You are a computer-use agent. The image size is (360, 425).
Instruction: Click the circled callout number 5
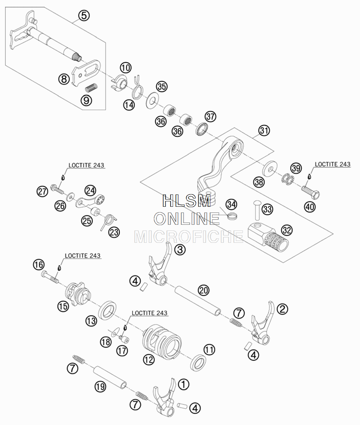pyautogui.click(x=84, y=15)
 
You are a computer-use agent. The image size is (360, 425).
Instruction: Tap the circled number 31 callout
pyautogui.click(x=264, y=131)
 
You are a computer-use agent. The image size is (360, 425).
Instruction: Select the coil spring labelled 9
pyautogui.click(x=91, y=88)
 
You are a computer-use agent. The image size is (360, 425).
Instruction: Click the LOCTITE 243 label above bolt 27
pyautogui.click(x=86, y=165)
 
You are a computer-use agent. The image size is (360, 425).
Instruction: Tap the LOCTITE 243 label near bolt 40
pyautogui.click(x=332, y=164)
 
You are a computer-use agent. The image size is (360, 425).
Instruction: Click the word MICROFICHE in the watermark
pyautogui.click(x=189, y=236)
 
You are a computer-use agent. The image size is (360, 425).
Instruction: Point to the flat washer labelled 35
pyautogui.click(x=152, y=100)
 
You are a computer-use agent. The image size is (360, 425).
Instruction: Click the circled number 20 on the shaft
pyautogui.click(x=204, y=290)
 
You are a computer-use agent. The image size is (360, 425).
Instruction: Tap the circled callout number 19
pyautogui.click(x=100, y=387)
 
